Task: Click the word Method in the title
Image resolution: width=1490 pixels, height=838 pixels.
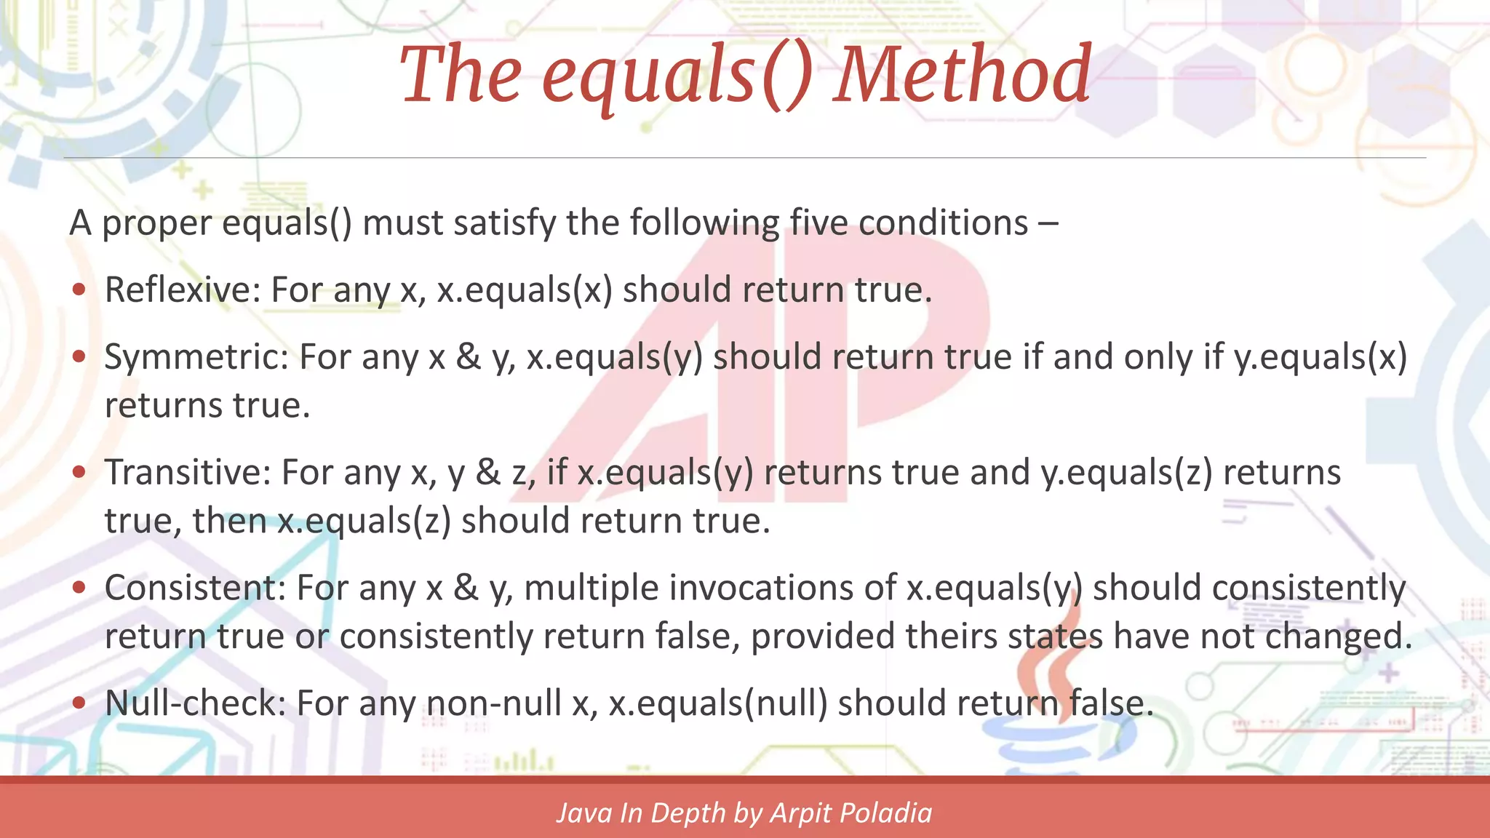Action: pyautogui.click(x=962, y=74)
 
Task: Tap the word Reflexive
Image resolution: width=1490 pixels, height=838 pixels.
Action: pyautogui.click(x=182, y=290)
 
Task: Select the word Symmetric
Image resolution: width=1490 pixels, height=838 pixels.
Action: pyautogui.click(x=196, y=357)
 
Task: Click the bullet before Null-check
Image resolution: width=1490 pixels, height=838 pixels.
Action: pyautogui.click(x=79, y=703)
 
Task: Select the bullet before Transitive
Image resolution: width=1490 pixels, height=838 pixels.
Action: pyautogui.click(x=79, y=473)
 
